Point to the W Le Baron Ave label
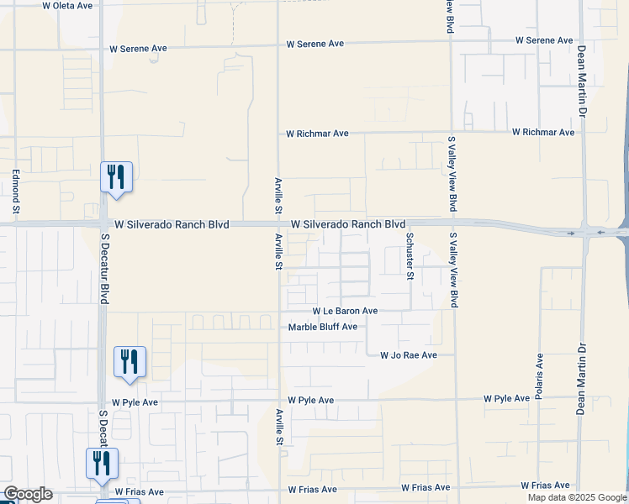(345, 311)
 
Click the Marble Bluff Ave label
(323, 327)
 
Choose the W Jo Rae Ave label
(409, 355)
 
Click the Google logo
(28, 494)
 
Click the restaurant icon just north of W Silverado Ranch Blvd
(117, 177)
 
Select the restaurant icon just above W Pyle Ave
(129, 362)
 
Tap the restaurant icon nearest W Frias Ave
(102, 464)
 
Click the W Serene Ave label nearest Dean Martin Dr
(544, 40)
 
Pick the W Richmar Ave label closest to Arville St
(317, 134)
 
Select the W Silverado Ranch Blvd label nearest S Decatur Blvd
(172, 225)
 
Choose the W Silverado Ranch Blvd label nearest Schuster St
(348, 225)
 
